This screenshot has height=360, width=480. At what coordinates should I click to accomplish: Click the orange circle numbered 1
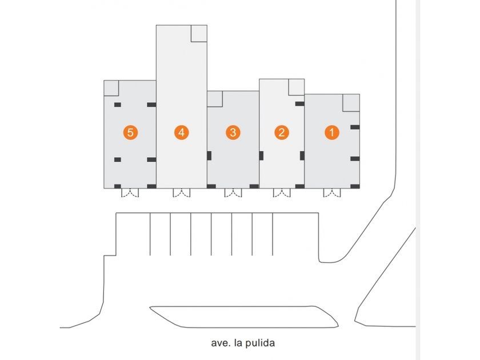point(332,133)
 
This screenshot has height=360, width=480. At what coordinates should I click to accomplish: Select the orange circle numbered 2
point(282,133)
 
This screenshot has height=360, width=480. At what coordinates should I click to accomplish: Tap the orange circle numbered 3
point(233,133)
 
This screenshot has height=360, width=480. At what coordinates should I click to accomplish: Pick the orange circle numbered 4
point(182,133)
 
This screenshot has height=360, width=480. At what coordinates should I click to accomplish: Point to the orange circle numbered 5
point(130,133)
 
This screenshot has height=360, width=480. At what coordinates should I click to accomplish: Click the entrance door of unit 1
point(332,193)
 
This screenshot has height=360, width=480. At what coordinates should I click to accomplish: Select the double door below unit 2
point(282,193)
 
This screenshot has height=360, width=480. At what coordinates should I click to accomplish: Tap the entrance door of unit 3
point(233,193)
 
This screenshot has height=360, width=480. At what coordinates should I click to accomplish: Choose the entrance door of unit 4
point(182,193)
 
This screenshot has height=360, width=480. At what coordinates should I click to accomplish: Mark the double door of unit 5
point(130,193)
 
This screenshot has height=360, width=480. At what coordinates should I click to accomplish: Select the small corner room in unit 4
point(199,33)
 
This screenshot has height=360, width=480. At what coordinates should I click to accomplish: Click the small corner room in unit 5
point(111,88)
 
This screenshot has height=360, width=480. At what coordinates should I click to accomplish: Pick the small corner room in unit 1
point(351,103)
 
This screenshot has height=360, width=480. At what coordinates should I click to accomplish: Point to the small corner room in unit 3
point(215,99)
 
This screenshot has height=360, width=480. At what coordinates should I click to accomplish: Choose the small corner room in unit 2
point(297,87)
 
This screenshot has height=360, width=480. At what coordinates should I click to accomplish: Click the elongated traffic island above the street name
point(244,317)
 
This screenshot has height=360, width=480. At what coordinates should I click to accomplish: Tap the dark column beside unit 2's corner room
point(299,104)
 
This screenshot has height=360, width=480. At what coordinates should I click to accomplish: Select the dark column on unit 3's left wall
point(209,156)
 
